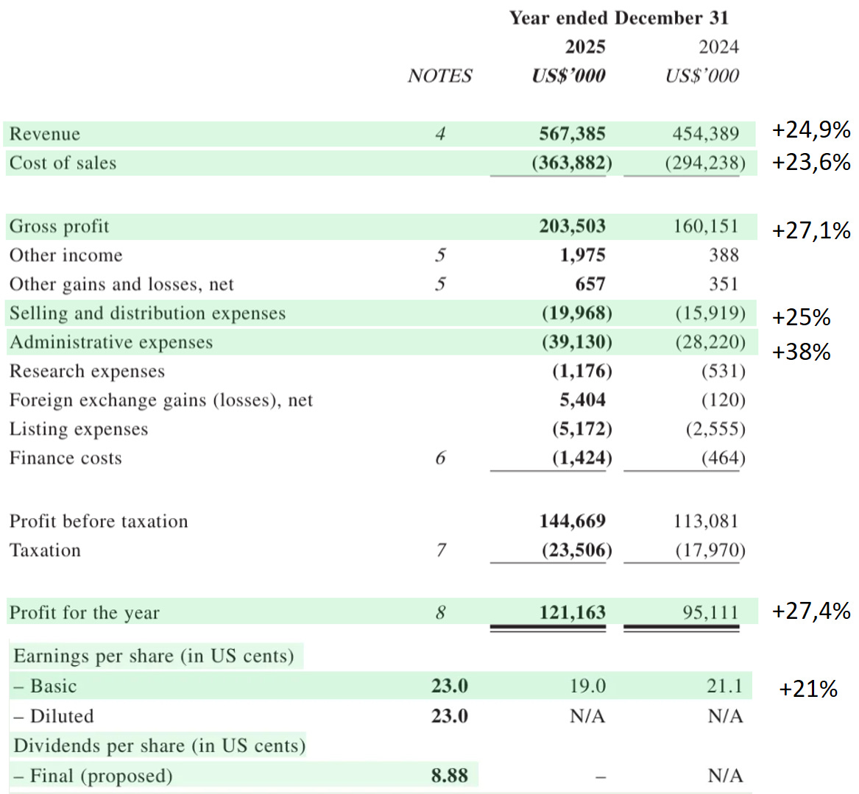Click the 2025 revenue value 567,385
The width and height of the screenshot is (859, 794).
(x=572, y=134)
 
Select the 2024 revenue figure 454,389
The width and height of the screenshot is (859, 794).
(x=705, y=134)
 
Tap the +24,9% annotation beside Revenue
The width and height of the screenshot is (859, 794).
(x=811, y=130)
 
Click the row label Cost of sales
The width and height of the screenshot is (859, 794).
(x=63, y=163)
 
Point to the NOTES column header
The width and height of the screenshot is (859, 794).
(x=439, y=76)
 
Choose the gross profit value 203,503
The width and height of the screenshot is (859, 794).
(x=572, y=227)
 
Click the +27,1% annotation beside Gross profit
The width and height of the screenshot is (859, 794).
(x=811, y=231)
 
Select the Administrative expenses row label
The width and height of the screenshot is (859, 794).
(x=110, y=343)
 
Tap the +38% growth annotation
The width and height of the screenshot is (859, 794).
(x=801, y=352)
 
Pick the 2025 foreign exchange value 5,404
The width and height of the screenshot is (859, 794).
(x=582, y=400)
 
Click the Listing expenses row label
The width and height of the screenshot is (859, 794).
(x=79, y=430)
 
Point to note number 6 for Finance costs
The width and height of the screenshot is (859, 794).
(x=440, y=458)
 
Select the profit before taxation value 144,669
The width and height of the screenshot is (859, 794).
(x=572, y=522)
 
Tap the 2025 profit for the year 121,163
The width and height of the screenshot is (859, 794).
(x=572, y=613)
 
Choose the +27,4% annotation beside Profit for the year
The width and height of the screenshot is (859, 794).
(x=811, y=611)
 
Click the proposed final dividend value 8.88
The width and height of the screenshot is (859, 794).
(x=449, y=776)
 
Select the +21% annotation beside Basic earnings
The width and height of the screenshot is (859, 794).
(x=808, y=690)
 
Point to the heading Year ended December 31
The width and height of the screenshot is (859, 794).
(x=618, y=18)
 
